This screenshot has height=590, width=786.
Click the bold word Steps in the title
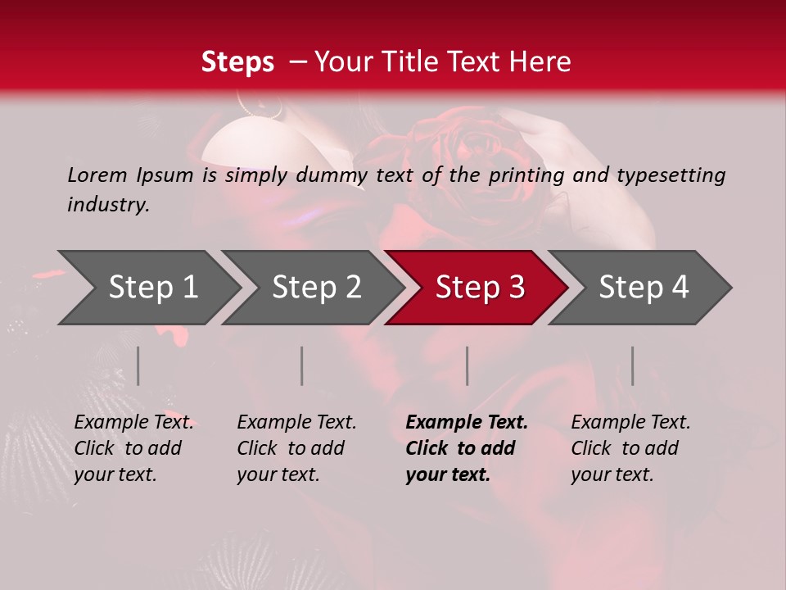coord(237,62)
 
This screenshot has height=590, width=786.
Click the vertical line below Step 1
coord(138,365)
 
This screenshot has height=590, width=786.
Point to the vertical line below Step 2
coord(302,365)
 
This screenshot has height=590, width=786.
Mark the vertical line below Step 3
coord(467,365)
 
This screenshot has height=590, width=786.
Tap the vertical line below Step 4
coord(632,365)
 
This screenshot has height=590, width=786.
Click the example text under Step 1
coord(133,448)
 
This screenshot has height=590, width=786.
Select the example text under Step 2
coord(296,448)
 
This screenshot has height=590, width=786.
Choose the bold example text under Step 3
coord(466,448)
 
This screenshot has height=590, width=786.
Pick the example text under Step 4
coord(630,448)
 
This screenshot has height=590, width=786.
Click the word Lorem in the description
coord(97,175)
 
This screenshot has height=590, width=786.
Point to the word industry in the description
coord(108,205)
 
